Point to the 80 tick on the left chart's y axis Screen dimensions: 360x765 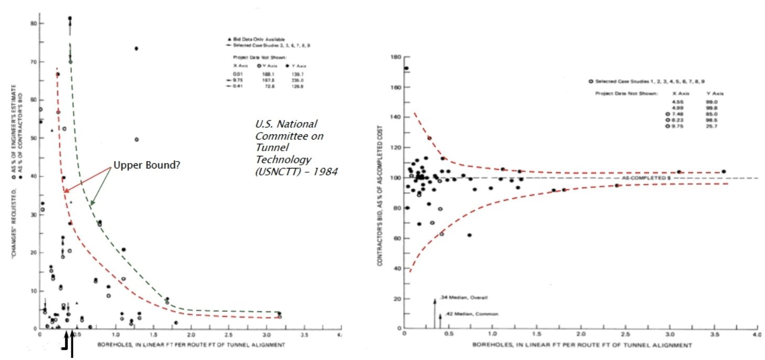(33, 24)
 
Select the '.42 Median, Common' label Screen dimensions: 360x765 (470, 314)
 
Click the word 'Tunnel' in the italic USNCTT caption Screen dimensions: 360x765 (268, 147)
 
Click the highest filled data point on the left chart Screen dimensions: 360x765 (70, 18)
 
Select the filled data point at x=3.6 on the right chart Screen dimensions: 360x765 (724, 172)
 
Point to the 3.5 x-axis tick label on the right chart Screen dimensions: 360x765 (713, 334)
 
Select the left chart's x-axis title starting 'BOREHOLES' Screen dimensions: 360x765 (190, 345)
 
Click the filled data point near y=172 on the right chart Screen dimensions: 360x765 (406, 68)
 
